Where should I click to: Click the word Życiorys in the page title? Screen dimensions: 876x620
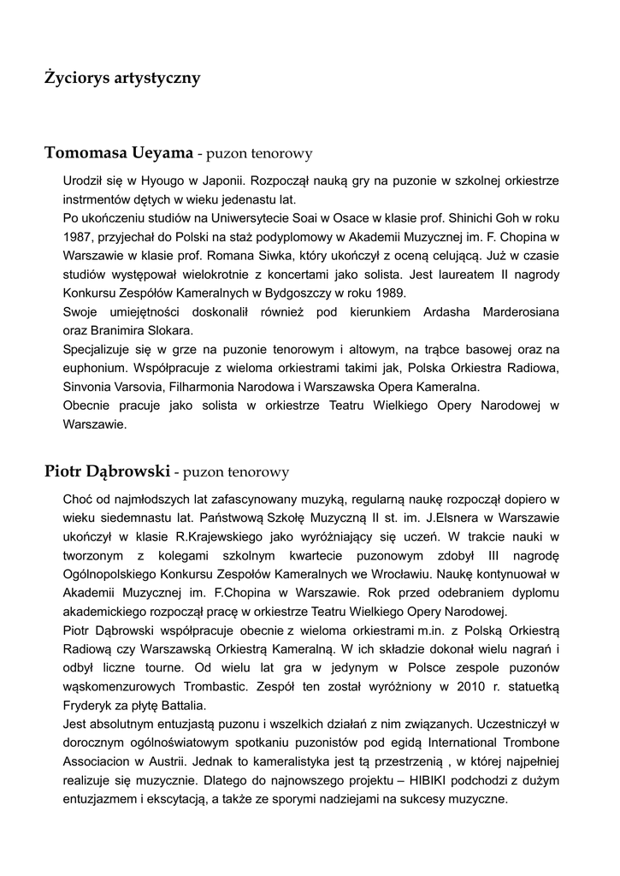click(77, 79)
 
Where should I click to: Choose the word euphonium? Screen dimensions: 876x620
click(93, 368)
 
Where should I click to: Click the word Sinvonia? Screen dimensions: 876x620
click(89, 387)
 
